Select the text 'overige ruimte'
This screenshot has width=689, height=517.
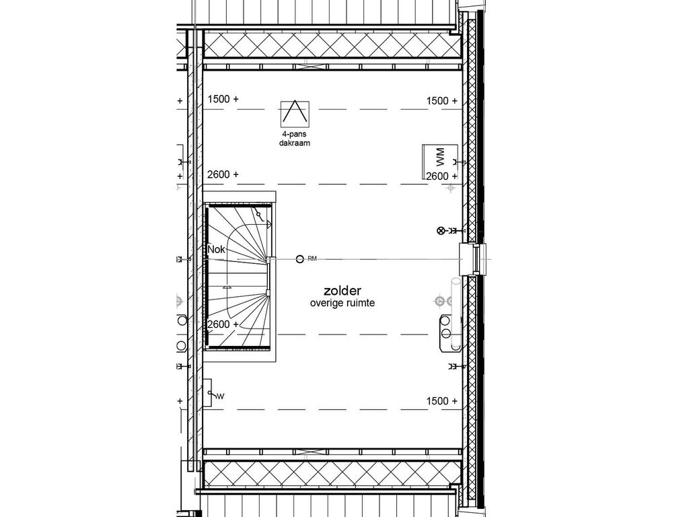point(342,304)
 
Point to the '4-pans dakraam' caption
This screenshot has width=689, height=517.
point(295,139)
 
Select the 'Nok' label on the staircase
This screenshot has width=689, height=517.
point(216,249)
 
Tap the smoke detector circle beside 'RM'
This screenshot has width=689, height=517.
point(299,258)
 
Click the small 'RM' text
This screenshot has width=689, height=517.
point(312,258)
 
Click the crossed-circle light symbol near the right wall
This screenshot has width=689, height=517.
point(441,231)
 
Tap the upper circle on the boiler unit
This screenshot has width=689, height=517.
point(445,322)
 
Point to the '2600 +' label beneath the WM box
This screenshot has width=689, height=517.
point(441,176)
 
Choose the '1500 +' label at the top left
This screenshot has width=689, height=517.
point(223,99)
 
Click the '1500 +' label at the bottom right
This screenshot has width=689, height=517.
point(441,401)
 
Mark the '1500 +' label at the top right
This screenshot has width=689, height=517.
point(441,101)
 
